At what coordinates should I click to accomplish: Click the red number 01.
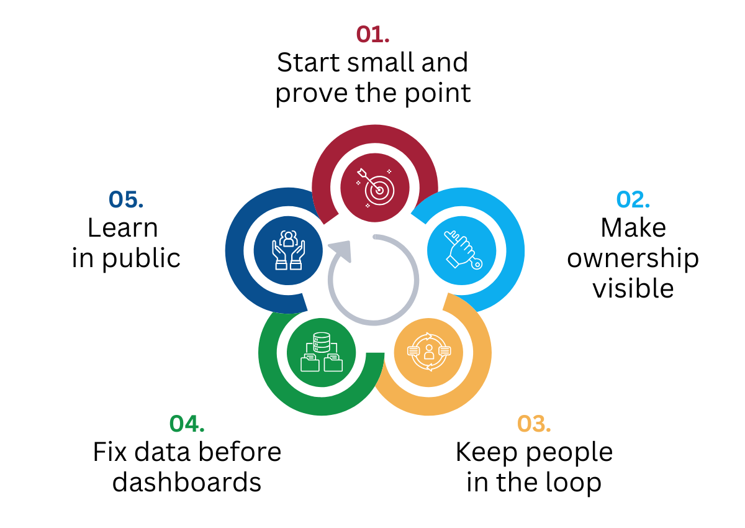tap(372, 35)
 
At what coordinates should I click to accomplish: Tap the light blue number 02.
tap(633, 199)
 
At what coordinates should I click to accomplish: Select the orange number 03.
tap(534, 424)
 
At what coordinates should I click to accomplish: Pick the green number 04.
tap(187, 424)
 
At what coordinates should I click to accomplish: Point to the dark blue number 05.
tap(126, 199)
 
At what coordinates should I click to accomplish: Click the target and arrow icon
tap(375, 188)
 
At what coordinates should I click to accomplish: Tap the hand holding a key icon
tap(463, 250)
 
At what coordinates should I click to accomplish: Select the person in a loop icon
tap(429, 352)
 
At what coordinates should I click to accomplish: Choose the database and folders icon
tap(322, 352)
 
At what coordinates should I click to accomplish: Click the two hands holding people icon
tap(288, 250)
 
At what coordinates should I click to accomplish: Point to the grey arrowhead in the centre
tap(341, 250)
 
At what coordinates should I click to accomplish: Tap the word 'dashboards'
tap(187, 483)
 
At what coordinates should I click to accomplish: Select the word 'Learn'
tap(123, 228)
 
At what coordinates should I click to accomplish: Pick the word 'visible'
tap(633, 288)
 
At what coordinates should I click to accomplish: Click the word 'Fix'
tap(110, 452)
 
